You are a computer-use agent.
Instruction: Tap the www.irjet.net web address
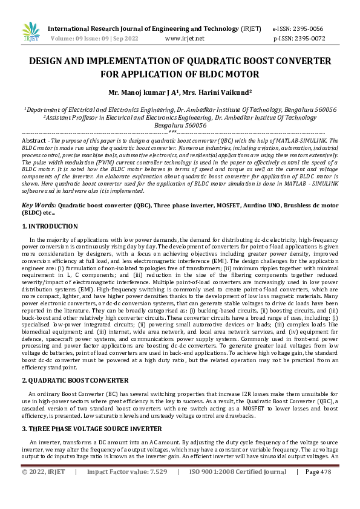(x=185, y=38)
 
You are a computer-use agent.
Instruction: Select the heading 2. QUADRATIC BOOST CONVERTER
(x=75, y=380)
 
